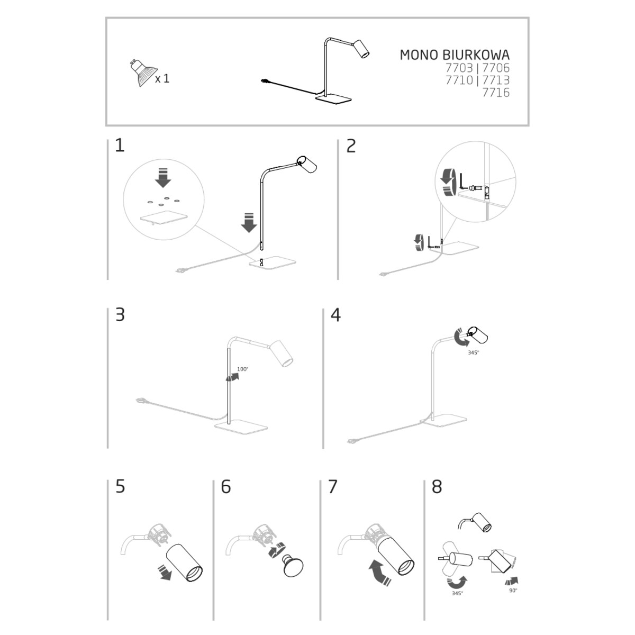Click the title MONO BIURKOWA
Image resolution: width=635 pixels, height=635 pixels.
tap(455, 55)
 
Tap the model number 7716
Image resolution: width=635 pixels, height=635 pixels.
tap(496, 93)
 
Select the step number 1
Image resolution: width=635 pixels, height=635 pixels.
tap(120, 146)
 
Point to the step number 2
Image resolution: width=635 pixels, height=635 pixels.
tap(351, 146)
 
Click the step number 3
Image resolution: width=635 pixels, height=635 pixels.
tap(120, 315)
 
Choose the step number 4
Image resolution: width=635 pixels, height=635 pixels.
tap(335, 315)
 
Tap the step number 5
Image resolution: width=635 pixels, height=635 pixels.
tap(120, 487)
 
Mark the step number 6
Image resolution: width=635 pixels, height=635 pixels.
tap(226, 487)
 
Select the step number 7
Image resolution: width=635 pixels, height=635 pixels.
tap(333, 487)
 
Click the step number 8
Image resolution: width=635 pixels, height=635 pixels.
tap(437, 487)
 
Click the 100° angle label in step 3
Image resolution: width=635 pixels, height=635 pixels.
tap(242, 369)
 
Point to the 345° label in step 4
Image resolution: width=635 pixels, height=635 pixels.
tap(473, 352)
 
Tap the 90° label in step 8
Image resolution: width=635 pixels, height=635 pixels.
tap(513, 591)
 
